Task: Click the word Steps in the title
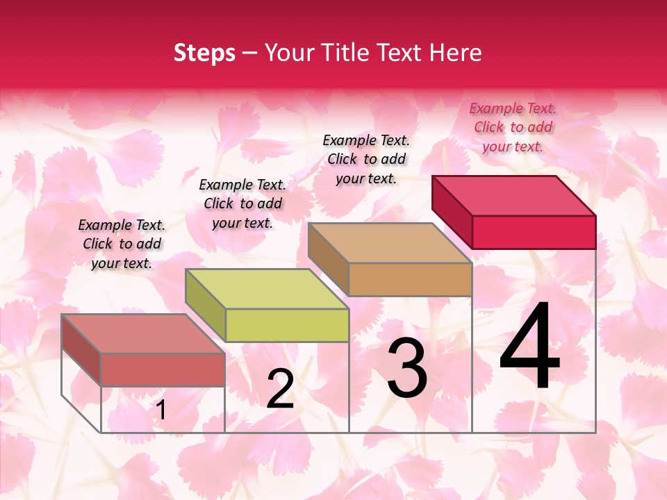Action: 204,53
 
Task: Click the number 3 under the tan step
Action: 407,369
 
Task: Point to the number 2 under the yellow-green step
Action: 280,389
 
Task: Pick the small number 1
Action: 160,410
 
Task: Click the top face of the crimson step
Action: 514,195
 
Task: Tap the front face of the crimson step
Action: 534,232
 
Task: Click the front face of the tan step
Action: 410,279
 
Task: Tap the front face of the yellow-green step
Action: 287,325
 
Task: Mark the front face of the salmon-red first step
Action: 163,369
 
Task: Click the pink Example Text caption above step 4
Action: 513,127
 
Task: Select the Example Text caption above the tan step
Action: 366,159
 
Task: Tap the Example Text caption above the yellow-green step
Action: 242,203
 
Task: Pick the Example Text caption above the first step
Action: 122,244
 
